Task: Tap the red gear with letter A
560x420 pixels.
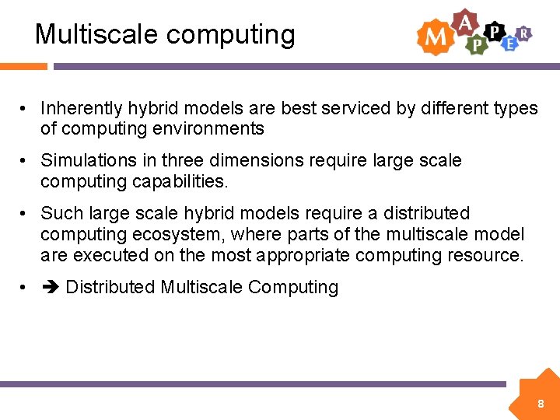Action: (x=465, y=23)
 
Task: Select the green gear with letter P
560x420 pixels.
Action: (x=476, y=45)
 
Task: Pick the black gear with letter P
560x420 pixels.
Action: (x=493, y=31)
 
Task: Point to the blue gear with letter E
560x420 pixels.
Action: (x=509, y=44)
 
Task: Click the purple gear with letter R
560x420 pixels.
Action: (x=525, y=33)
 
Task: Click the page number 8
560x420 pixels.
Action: (x=540, y=404)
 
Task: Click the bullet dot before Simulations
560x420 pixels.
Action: (x=25, y=161)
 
